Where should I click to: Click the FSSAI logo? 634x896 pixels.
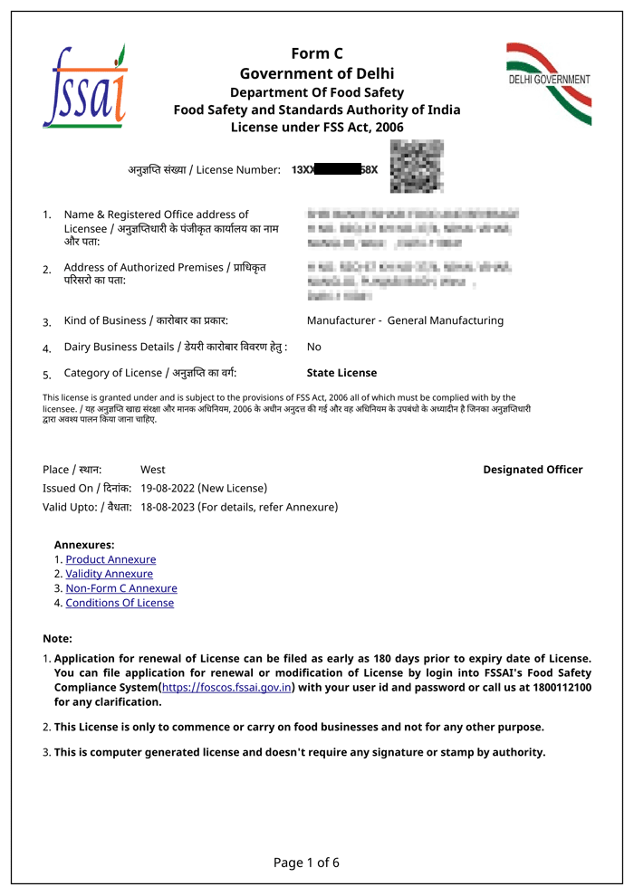[85, 87]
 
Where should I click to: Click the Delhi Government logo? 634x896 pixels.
[548, 82]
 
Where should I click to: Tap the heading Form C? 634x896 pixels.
[317, 53]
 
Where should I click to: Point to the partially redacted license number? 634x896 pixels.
[334, 169]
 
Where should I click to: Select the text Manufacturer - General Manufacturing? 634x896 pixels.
[405, 320]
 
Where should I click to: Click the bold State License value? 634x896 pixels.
[341, 373]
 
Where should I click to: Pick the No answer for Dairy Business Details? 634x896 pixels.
[313, 347]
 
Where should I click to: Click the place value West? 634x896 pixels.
[153, 469]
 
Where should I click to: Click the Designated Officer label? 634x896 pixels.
[533, 469]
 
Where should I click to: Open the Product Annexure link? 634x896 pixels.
[110, 559]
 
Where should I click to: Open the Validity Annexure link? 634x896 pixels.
[109, 574]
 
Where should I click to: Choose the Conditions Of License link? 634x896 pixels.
[120, 603]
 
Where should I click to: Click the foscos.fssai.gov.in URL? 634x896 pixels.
[226, 687]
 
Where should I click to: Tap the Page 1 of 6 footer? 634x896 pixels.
[306, 863]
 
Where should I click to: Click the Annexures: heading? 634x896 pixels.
[84, 545]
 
